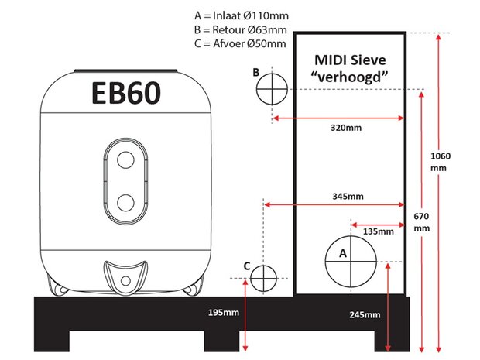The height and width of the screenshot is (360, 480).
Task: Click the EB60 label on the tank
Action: [x=126, y=93]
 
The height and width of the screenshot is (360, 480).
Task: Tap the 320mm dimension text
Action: [x=346, y=128]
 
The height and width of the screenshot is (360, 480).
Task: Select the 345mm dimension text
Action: [x=348, y=196]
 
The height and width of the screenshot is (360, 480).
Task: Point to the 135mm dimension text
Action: [x=379, y=231]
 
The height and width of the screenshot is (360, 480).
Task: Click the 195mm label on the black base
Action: [x=224, y=313]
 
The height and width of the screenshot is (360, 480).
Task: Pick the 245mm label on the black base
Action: [x=365, y=314]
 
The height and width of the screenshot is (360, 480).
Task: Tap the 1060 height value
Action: [x=441, y=156]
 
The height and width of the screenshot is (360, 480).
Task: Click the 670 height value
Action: [x=421, y=217]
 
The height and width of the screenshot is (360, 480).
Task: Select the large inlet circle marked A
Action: [x=351, y=235]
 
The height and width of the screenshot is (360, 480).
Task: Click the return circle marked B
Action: [x=272, y=74]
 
